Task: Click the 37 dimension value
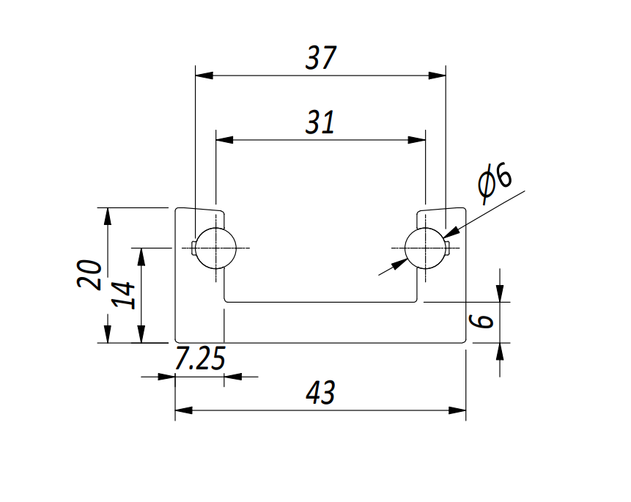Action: (x=321, y=59)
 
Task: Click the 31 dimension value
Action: (x=320, y=122)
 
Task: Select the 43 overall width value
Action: (x=320, y=393)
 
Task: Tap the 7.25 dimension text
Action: (x=200, y=358)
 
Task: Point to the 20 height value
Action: (x=89, y=274)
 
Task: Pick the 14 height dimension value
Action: (x=123, y=295)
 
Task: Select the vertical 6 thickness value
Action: (x=481, y=321)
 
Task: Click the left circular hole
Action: (x=215, y=248)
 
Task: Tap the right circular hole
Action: (x=426, y=248)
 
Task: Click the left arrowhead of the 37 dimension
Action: (x=204, y=75)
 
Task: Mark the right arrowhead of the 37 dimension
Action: (x=437, y=75)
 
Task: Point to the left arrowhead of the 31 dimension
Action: (x=224, y=140)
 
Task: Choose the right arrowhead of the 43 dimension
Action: (x=457, y=410)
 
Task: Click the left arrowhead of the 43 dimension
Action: (x=184, y=410)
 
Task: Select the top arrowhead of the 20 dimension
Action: (x=107, y=217)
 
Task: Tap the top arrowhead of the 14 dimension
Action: (x=141, y=256)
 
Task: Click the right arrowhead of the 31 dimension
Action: (x=417, y=140)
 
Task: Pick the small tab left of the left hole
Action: (x=194, y=248)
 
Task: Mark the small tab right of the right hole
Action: (x=448, y=248)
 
